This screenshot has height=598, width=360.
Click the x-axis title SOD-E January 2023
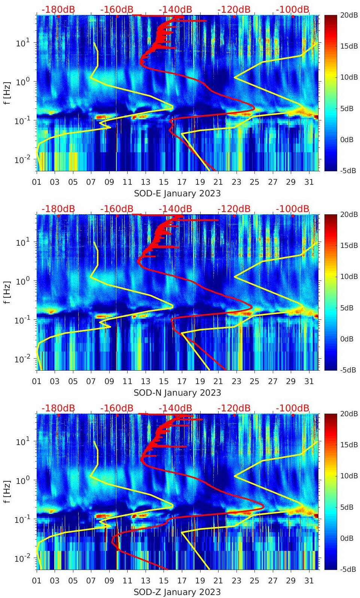(177, 193)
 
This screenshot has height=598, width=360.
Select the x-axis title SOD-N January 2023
(177, 393)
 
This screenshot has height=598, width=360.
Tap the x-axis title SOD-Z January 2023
(177, 592)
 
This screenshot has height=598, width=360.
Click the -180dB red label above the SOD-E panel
(58, 9)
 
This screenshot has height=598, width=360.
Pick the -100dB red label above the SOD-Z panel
(293, 408)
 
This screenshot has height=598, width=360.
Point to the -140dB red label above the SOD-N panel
(176, 209)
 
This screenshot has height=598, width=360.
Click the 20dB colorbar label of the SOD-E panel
(349, 15)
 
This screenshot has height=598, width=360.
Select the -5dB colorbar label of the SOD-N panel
(348, 370)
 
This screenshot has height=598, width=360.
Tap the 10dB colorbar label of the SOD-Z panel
(349, 476)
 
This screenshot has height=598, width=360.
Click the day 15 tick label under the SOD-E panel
(164, 182)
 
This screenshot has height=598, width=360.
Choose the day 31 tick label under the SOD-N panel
(309, 381)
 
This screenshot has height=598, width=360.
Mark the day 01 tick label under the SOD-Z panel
(37, 581)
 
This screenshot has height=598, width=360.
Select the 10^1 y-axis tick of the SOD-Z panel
(21, 442)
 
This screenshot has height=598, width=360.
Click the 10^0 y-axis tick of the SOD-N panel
(21, 281)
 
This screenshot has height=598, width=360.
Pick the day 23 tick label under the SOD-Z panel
(236, 581)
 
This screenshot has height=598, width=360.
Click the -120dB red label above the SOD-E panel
(234, 9)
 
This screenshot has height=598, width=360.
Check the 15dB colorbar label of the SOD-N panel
(349, 245)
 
